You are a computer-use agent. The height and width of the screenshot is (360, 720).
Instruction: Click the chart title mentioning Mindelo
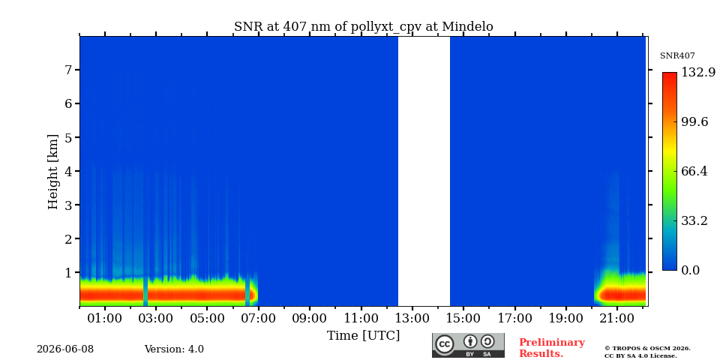pos(363,27)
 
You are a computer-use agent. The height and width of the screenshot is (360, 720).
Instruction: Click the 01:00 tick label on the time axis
pos(105,318)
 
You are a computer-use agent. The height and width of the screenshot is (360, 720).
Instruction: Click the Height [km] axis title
pos(53,172)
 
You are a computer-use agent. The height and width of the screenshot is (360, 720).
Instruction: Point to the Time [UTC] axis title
pos(363,336)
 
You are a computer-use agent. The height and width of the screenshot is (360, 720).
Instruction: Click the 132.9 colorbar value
pos(698,72)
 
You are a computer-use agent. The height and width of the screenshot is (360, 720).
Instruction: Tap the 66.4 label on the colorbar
pos(694,171)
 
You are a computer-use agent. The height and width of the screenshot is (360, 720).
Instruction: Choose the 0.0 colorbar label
pos(690,271)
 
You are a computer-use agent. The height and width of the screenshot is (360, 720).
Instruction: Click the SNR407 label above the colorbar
pos(677,56)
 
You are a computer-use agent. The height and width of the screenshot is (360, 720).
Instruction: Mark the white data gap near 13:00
pos(424,171)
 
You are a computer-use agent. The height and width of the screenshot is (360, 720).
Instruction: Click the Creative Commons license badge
pos(468,345)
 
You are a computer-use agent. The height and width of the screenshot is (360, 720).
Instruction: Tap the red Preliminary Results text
pos(552,348)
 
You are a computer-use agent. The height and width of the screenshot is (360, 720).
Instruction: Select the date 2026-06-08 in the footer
pos(65,349)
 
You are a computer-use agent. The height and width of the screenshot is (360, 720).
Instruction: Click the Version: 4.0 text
pos(174,349)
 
